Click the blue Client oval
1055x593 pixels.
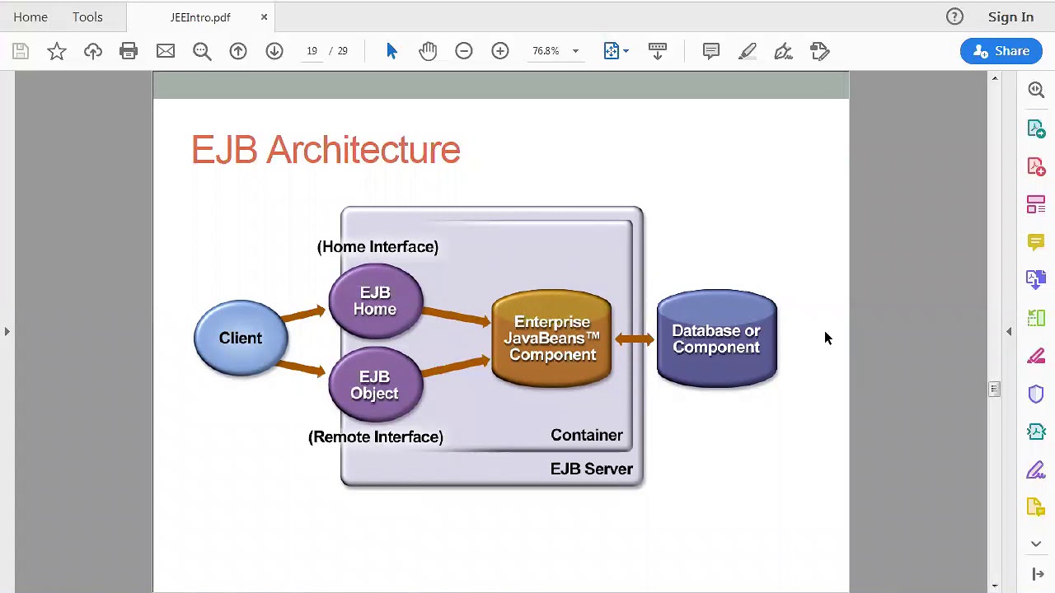(x=241, y=338)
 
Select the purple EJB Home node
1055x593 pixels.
(x=375, y=301)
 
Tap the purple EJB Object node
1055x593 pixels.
(x=375, y=385)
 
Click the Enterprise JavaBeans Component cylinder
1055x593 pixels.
(x=551, y=338)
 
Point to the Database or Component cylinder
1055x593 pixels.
(x=717, y=339)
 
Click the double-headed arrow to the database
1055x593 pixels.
(x=635, y=339)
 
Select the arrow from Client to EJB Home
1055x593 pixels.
(x=304, y=314)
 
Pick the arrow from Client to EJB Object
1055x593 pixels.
(x=301, y=368)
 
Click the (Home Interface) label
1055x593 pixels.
(x=377, y=246)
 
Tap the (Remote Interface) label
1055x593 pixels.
(x=375, y=437)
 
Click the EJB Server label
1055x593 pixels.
(x=591, y=469)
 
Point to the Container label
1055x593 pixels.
(x=586, y=435)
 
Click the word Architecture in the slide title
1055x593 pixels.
(x=363, y=150)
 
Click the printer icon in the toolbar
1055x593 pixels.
(x=129, y=51)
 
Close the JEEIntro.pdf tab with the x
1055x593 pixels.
(x=265, y=17)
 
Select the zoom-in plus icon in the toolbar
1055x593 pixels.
(x=499, y=51)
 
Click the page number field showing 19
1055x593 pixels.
(x=312, y=51)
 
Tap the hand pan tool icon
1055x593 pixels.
(x=428, y=51)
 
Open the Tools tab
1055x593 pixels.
(x=87, y=17)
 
